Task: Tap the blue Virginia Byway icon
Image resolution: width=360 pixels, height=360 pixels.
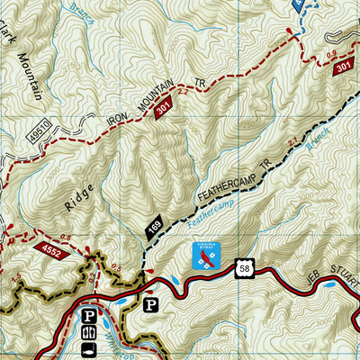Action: click(x=206, y=257)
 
